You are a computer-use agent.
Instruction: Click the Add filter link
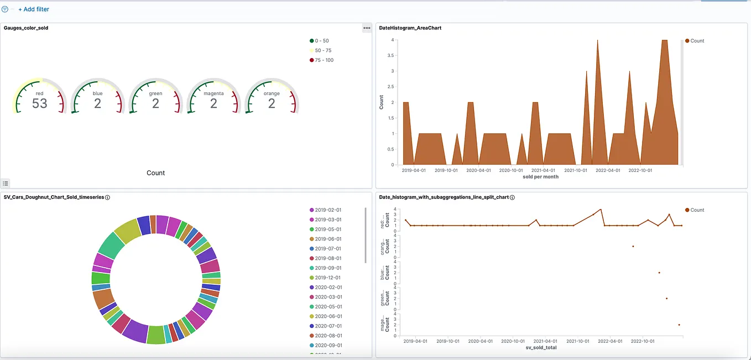pyautogui.click(x=34, y=9)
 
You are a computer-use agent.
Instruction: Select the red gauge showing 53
pyautogui.click(x=40, y=97)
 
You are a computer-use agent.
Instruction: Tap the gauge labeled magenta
pyautogui.click(x=213, y=97)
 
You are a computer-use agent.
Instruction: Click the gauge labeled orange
pyautogui.click(x=272, y=97)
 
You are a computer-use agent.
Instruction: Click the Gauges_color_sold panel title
pyautogui.click(x=26, y=28)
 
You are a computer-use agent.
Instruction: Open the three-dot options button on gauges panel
pyautogui.click(x=367, y=28)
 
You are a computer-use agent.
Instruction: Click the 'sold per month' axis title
pyautogui.click(x=540, y=177)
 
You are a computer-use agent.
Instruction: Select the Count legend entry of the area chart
pyautogui.click(x=697, y=41)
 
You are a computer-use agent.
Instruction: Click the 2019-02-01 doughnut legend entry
pyautogui.click(x=327, y=210)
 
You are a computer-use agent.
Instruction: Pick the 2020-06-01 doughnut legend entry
pyautogui.click(x=327, y=316)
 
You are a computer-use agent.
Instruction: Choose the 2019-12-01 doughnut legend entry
pyautogui.click(x=327, y=278)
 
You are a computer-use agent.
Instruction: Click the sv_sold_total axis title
pyautogui.click(x=540, y=348)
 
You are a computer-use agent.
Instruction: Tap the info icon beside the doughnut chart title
pyautogui.click(x=107, y=197)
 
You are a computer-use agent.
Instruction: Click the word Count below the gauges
pyautogui.click(x=155, y=173)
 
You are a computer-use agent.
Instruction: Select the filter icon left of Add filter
pyautogui.click(x=5, y=9)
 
